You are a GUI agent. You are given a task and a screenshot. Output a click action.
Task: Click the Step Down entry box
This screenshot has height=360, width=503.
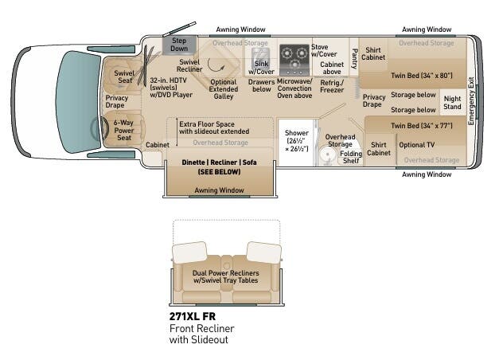(x=179, y=44)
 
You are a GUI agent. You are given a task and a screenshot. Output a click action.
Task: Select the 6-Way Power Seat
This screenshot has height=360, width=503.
(x=123, y=131)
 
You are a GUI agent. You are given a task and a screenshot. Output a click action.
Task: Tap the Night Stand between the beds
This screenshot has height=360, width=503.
(x=452, y=102)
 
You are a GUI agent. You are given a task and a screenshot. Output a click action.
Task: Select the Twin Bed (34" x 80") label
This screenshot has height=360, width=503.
(x=421, y=76)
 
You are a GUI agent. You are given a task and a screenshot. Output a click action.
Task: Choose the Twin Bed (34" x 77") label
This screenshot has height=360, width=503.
(x=421, y=126)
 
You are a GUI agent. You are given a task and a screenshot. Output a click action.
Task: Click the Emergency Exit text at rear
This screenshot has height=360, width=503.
(x=471, y=101)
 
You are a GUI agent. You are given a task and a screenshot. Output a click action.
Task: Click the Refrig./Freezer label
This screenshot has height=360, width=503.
(x=332, y=86)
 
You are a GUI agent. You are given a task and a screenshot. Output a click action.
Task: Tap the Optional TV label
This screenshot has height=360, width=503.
(x=417, y=145)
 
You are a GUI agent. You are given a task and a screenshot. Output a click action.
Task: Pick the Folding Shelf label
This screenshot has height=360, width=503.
(x=351, y=157)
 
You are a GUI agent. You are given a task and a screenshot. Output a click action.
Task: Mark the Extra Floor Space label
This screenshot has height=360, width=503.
(x=214, y=127)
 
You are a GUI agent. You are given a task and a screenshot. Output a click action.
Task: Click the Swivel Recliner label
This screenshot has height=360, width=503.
(x=189, y=66)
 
